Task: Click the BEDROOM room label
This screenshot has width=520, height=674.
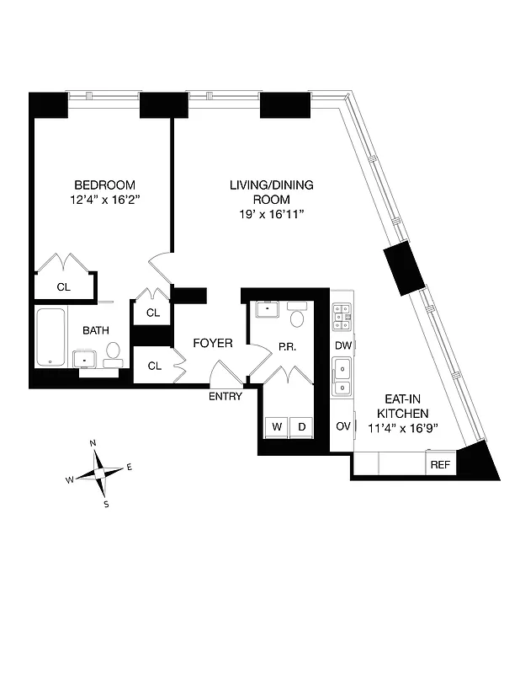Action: tap(104, 185)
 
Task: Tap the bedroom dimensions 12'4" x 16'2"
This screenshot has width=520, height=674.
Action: tap(104, 201)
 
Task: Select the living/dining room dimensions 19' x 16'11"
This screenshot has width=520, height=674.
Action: tap(271, 215)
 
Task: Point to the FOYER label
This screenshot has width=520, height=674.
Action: tap(213, 343)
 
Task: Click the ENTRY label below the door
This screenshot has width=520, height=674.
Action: tap(225, 396)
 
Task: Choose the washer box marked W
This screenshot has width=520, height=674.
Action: tap(275, 427)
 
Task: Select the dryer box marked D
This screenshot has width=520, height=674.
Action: tap(301, 427)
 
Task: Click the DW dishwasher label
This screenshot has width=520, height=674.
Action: tap(342, 345)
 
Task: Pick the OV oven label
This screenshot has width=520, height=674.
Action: tap(342, 426)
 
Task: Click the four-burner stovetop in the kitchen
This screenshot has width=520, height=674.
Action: tap(342, 317)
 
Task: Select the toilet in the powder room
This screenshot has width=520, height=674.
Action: tap(296, 318)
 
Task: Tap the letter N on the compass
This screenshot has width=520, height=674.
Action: tap(93, 443)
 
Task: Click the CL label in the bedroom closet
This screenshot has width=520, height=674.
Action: tap(63, 286)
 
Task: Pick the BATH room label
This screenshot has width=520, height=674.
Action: tap(93, 331)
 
